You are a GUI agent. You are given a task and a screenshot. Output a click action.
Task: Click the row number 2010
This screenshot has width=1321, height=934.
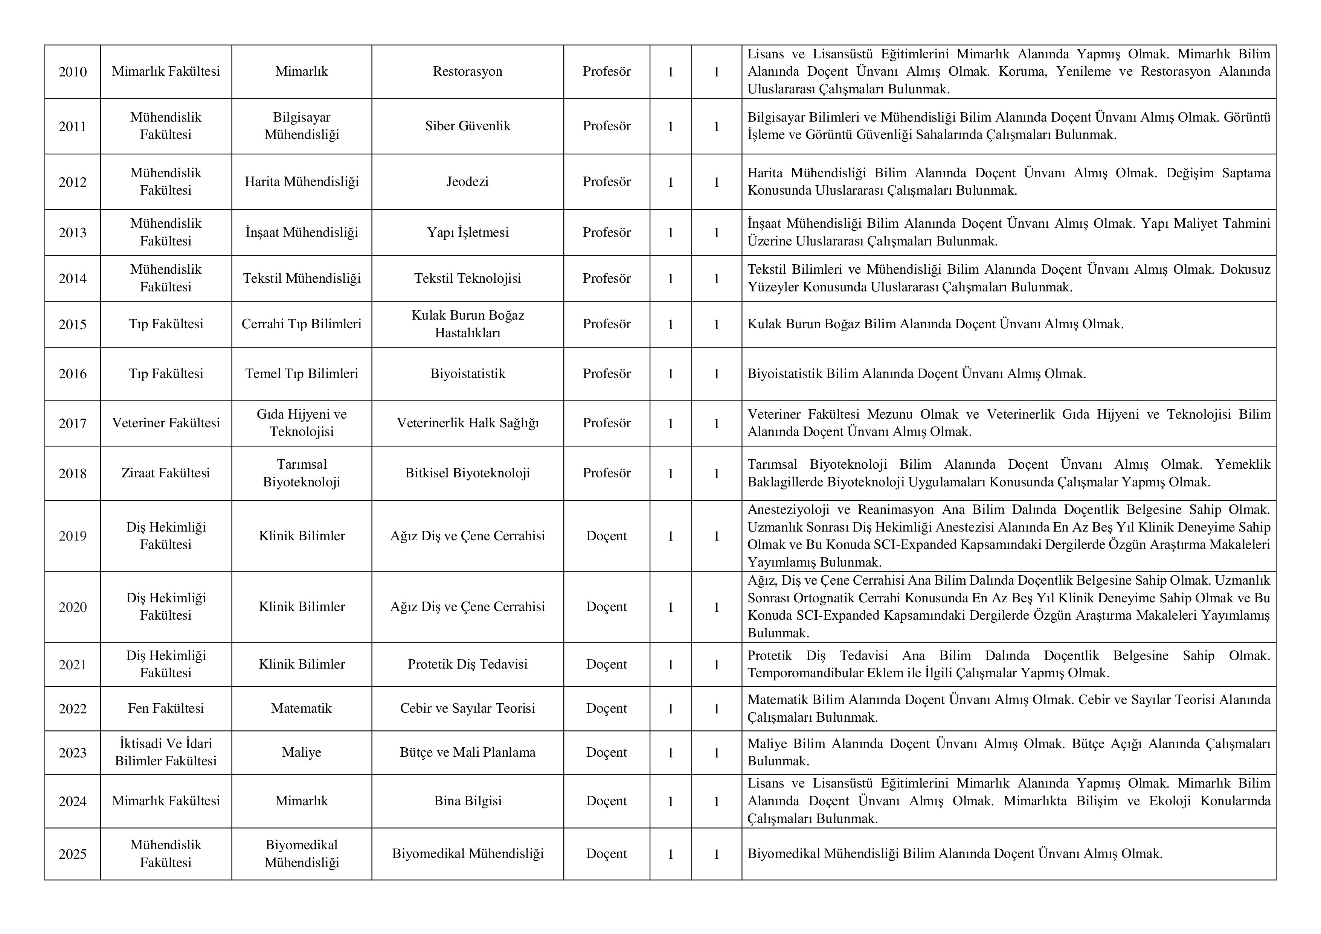pyautogui.click(x=73, y=72)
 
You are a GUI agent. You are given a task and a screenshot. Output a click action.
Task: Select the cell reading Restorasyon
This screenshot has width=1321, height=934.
pyautogui.click(x=467, y=71)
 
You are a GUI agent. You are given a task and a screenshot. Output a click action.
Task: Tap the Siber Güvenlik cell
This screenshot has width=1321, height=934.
pyautogui.click(x=467, y=126)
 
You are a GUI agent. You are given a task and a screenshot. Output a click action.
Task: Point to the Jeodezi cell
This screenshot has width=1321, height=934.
pyautogui.click(x=467, y=182)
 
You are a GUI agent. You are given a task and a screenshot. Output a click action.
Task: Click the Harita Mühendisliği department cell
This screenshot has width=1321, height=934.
pyautogui.click(x=302, y=182)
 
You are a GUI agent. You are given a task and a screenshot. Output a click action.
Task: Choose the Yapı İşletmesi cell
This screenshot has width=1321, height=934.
pyautogui.click(x=467, y=232)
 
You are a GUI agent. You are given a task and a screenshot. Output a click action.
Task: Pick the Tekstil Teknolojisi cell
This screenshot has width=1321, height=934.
pyautogui.click(x=467, y=278)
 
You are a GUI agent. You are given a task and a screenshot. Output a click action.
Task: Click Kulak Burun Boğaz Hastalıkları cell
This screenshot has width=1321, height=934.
pyautogui.click(x=467, y=324)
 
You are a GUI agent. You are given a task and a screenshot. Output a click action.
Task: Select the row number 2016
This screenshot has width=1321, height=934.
pyautogui.click(x=73, y=374)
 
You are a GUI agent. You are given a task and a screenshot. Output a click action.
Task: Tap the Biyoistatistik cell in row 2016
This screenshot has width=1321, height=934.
pyautogui.click(x=467, y=374)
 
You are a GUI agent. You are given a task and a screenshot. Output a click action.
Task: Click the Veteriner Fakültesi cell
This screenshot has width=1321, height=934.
pyautogui.click(x=166, y=423)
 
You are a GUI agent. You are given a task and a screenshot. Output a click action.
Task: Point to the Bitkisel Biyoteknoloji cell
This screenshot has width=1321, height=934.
pyautogui.click(x=467, y=473)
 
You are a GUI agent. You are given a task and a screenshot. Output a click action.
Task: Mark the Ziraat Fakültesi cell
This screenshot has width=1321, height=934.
pyautogui.click(x=166, y=473)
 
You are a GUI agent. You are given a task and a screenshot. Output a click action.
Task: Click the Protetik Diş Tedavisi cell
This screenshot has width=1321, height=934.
pyautogui.click(x=467, y=664)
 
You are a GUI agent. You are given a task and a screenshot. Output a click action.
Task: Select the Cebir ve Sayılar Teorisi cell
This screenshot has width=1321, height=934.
pyautogui.click(x=467, y=708)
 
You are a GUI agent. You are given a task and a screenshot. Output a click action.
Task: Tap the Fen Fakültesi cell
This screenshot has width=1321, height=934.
pyautogui.click(x=166, y=708)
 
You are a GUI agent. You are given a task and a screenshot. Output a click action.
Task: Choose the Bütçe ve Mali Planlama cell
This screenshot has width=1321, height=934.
pyautogui.click(x=467, y=752)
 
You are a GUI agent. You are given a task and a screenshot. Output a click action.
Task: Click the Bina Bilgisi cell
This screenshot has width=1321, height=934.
pyautogui.click(x=467, y=801)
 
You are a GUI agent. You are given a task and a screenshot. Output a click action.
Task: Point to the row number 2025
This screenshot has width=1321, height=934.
pyautogui.click(x=73, y=854)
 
